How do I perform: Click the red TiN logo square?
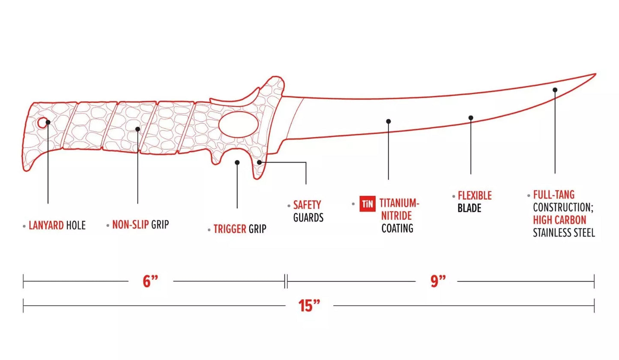point(367,204)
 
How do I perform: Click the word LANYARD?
point(46,225)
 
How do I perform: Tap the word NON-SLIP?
point(130,225)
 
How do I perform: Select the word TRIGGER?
point(230,229)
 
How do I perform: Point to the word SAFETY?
point(307,205)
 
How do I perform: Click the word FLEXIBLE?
point(475,195)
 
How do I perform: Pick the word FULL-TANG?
point(554,195)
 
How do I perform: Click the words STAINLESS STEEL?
point(564,233)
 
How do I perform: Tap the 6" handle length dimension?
point(150,282)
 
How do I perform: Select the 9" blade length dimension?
point(438,281)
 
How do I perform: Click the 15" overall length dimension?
point(309,306)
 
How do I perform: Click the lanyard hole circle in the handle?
point(42,123)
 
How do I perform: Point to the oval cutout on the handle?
point(239,124)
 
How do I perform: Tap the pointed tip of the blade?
point(596,74)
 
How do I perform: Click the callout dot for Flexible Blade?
point(471,118)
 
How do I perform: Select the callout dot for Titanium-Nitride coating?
point(388,121)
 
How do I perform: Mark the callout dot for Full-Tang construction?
point(555,90)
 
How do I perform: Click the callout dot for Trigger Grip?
point(237,162)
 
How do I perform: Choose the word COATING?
point(398,228)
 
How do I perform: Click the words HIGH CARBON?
point(559,220)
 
